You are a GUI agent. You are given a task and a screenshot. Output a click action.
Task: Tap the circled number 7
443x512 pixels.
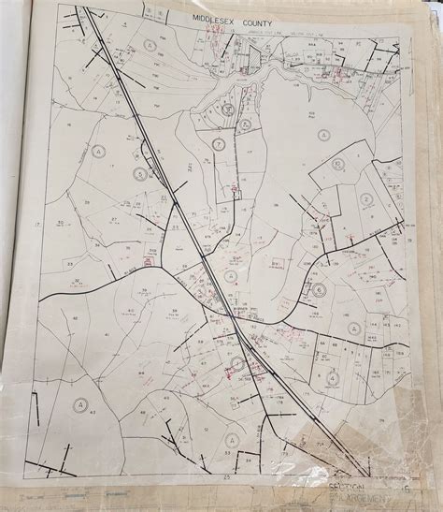[x=218, y=144]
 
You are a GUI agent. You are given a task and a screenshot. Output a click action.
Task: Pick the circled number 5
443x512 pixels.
[x=140, y=174]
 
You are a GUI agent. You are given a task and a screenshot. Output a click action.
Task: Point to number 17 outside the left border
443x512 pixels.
[x=36, y=226]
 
